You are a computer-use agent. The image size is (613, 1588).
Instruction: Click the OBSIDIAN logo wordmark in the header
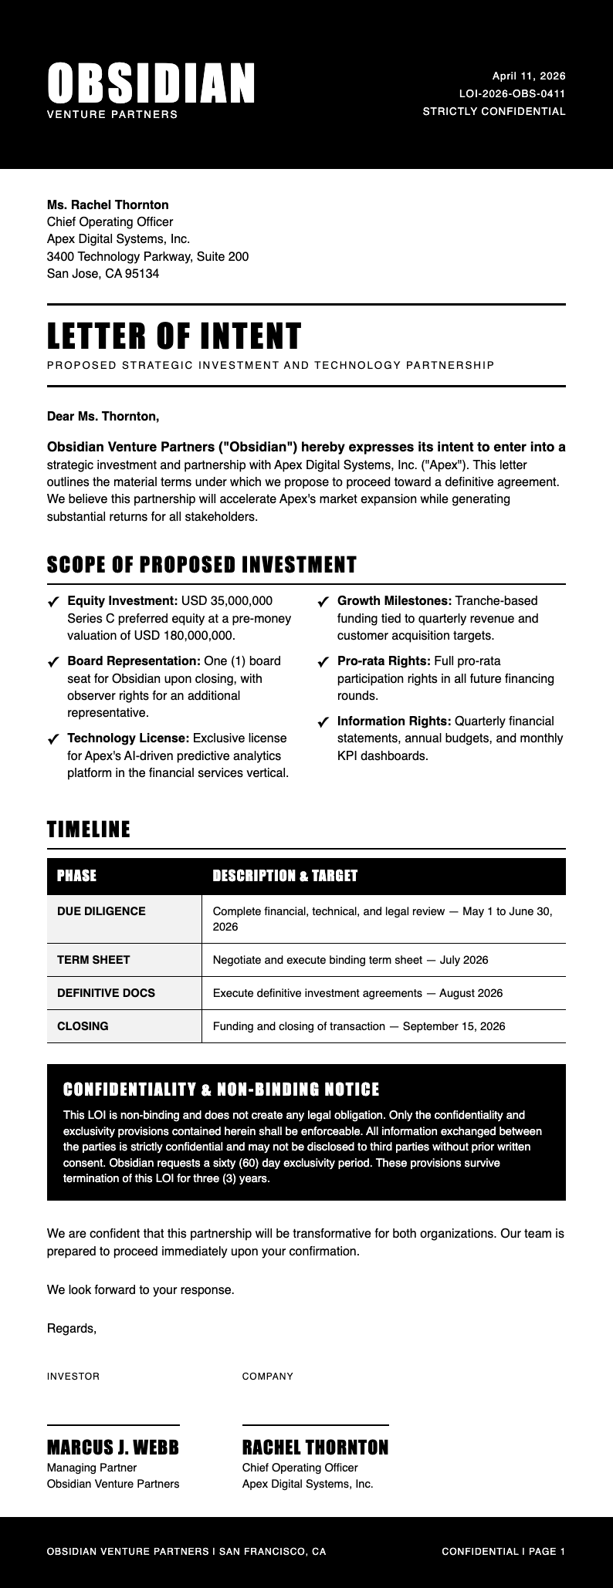coord(151,83)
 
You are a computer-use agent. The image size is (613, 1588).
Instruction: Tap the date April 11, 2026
coord(529,76)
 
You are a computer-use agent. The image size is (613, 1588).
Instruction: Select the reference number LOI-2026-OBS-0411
coord(512,93)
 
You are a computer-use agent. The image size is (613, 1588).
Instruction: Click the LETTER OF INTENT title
coord(174,336)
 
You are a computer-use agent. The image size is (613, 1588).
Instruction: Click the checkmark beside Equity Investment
coord(53,602)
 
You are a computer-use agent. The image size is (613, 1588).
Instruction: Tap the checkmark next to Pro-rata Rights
coord(323,662)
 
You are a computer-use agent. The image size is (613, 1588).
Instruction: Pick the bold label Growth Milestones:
coord(395,600)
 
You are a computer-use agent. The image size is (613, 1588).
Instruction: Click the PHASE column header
coord(77,876)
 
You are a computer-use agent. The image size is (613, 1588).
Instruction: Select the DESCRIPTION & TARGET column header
coord(285,876)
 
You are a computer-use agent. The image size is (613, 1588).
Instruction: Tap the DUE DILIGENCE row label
coord(101,911)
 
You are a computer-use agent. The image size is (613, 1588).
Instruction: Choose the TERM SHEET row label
coord(93,960)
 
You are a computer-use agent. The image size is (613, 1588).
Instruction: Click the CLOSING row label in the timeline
coord(83,1026)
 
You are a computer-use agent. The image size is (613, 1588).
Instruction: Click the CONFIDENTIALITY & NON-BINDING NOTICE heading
coord(222,1090)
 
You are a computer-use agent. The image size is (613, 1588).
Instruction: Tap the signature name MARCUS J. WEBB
coord(113,1448)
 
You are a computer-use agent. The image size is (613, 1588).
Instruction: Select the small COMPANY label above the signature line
coord(268,1377)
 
